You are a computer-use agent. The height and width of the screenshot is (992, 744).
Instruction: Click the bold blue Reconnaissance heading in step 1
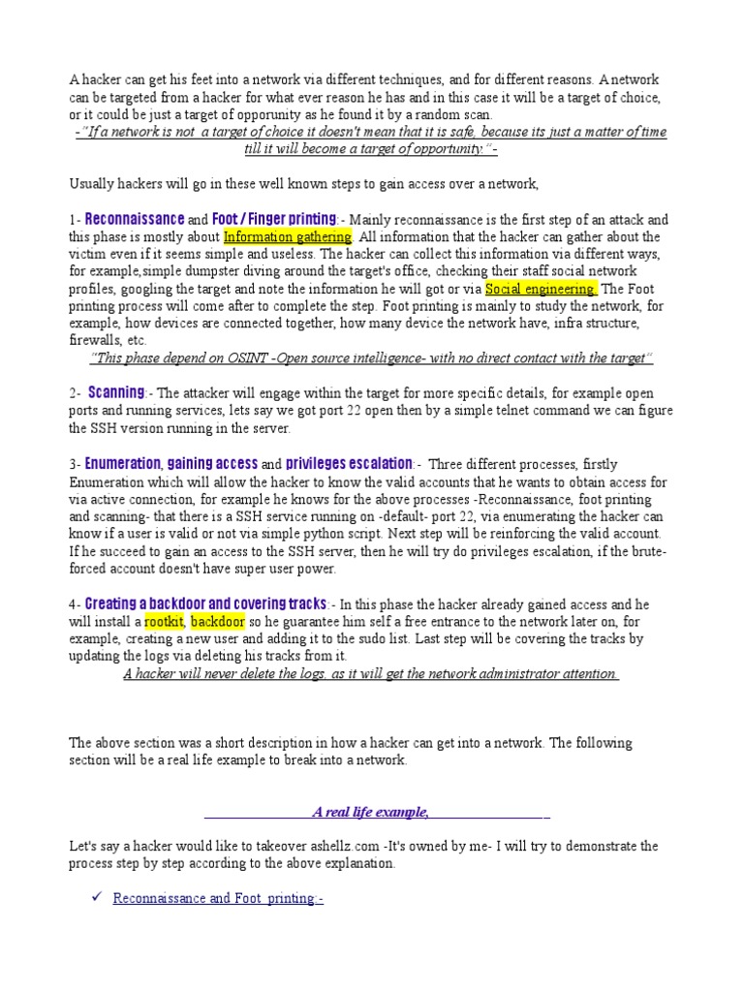pyautogui.click(x=135, y=219)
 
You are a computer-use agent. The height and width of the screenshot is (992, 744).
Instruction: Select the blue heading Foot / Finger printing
pyautogui.click(x=274, y=219)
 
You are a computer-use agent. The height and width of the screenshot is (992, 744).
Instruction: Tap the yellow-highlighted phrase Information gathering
pyautogui.click(x=288, y=236)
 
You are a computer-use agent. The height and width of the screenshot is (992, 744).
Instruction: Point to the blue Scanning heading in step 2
pyautogui.click(x=116, y=392)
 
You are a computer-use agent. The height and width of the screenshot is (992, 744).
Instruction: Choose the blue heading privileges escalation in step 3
pyautogui.click(x=350, y=463)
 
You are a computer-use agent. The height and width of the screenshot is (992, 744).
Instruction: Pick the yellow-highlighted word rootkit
pyautogui.click(x=164, y=621)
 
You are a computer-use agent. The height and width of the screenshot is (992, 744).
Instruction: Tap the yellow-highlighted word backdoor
pyautogui.click(x=217, y=621)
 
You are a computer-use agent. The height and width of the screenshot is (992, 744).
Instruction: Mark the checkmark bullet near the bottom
pyautogui.click(x=96, y=897)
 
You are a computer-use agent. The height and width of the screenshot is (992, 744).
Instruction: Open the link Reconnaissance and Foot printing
pyautogui.click(x=218, y=898)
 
